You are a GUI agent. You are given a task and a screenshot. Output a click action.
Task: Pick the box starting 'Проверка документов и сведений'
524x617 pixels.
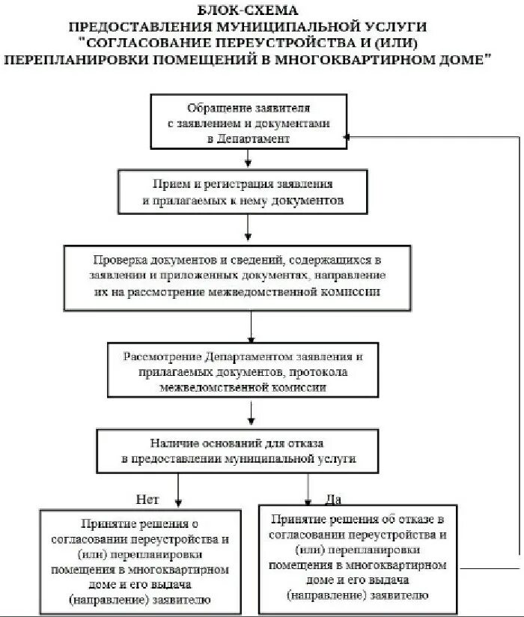[237, 276]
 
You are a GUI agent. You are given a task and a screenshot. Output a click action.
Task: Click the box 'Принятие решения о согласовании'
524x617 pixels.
[141, 559]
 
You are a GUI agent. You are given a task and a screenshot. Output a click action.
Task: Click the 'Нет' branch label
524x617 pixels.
[147, 497]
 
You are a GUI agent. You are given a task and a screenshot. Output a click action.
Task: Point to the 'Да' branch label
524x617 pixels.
[332, 498]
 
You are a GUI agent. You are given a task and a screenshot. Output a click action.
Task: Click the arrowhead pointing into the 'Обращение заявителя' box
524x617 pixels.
[347, 137]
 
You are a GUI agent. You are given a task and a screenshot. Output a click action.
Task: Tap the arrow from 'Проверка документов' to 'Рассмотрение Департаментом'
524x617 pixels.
[252, 326]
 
